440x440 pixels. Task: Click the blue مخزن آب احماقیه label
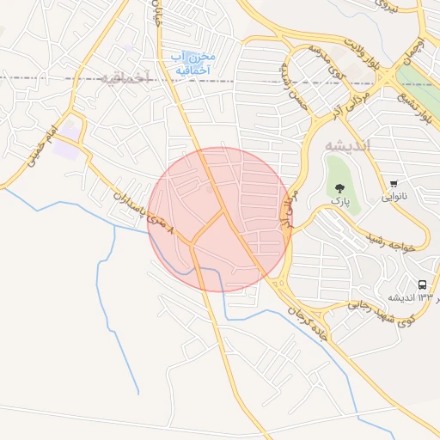click(194, 63)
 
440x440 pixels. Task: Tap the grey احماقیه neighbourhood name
click(125, 78)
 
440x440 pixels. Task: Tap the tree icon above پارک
click(341, 187)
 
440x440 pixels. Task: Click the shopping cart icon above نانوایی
click(394, 183)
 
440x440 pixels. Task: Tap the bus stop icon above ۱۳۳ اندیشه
click(422, 284)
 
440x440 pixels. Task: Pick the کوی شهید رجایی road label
click(382, 311)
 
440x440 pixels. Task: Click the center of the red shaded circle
click(220, 220)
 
